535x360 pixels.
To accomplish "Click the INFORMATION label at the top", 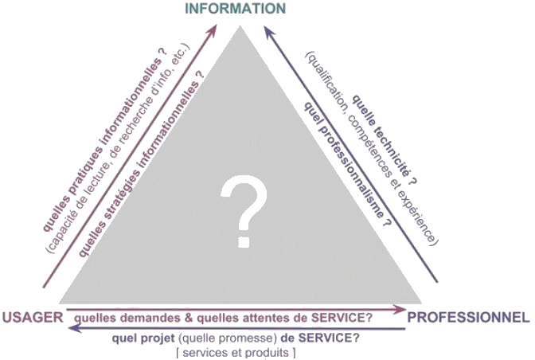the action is pyautogui.click(x=235, y=9).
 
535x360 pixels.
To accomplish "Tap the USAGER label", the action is pyautogui.click(x=33, y=317).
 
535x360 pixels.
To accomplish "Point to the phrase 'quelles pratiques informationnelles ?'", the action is pyautogui.click(x=111, y=144).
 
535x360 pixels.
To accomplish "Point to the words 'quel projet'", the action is pyautogui.click(x=143, y=338).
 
